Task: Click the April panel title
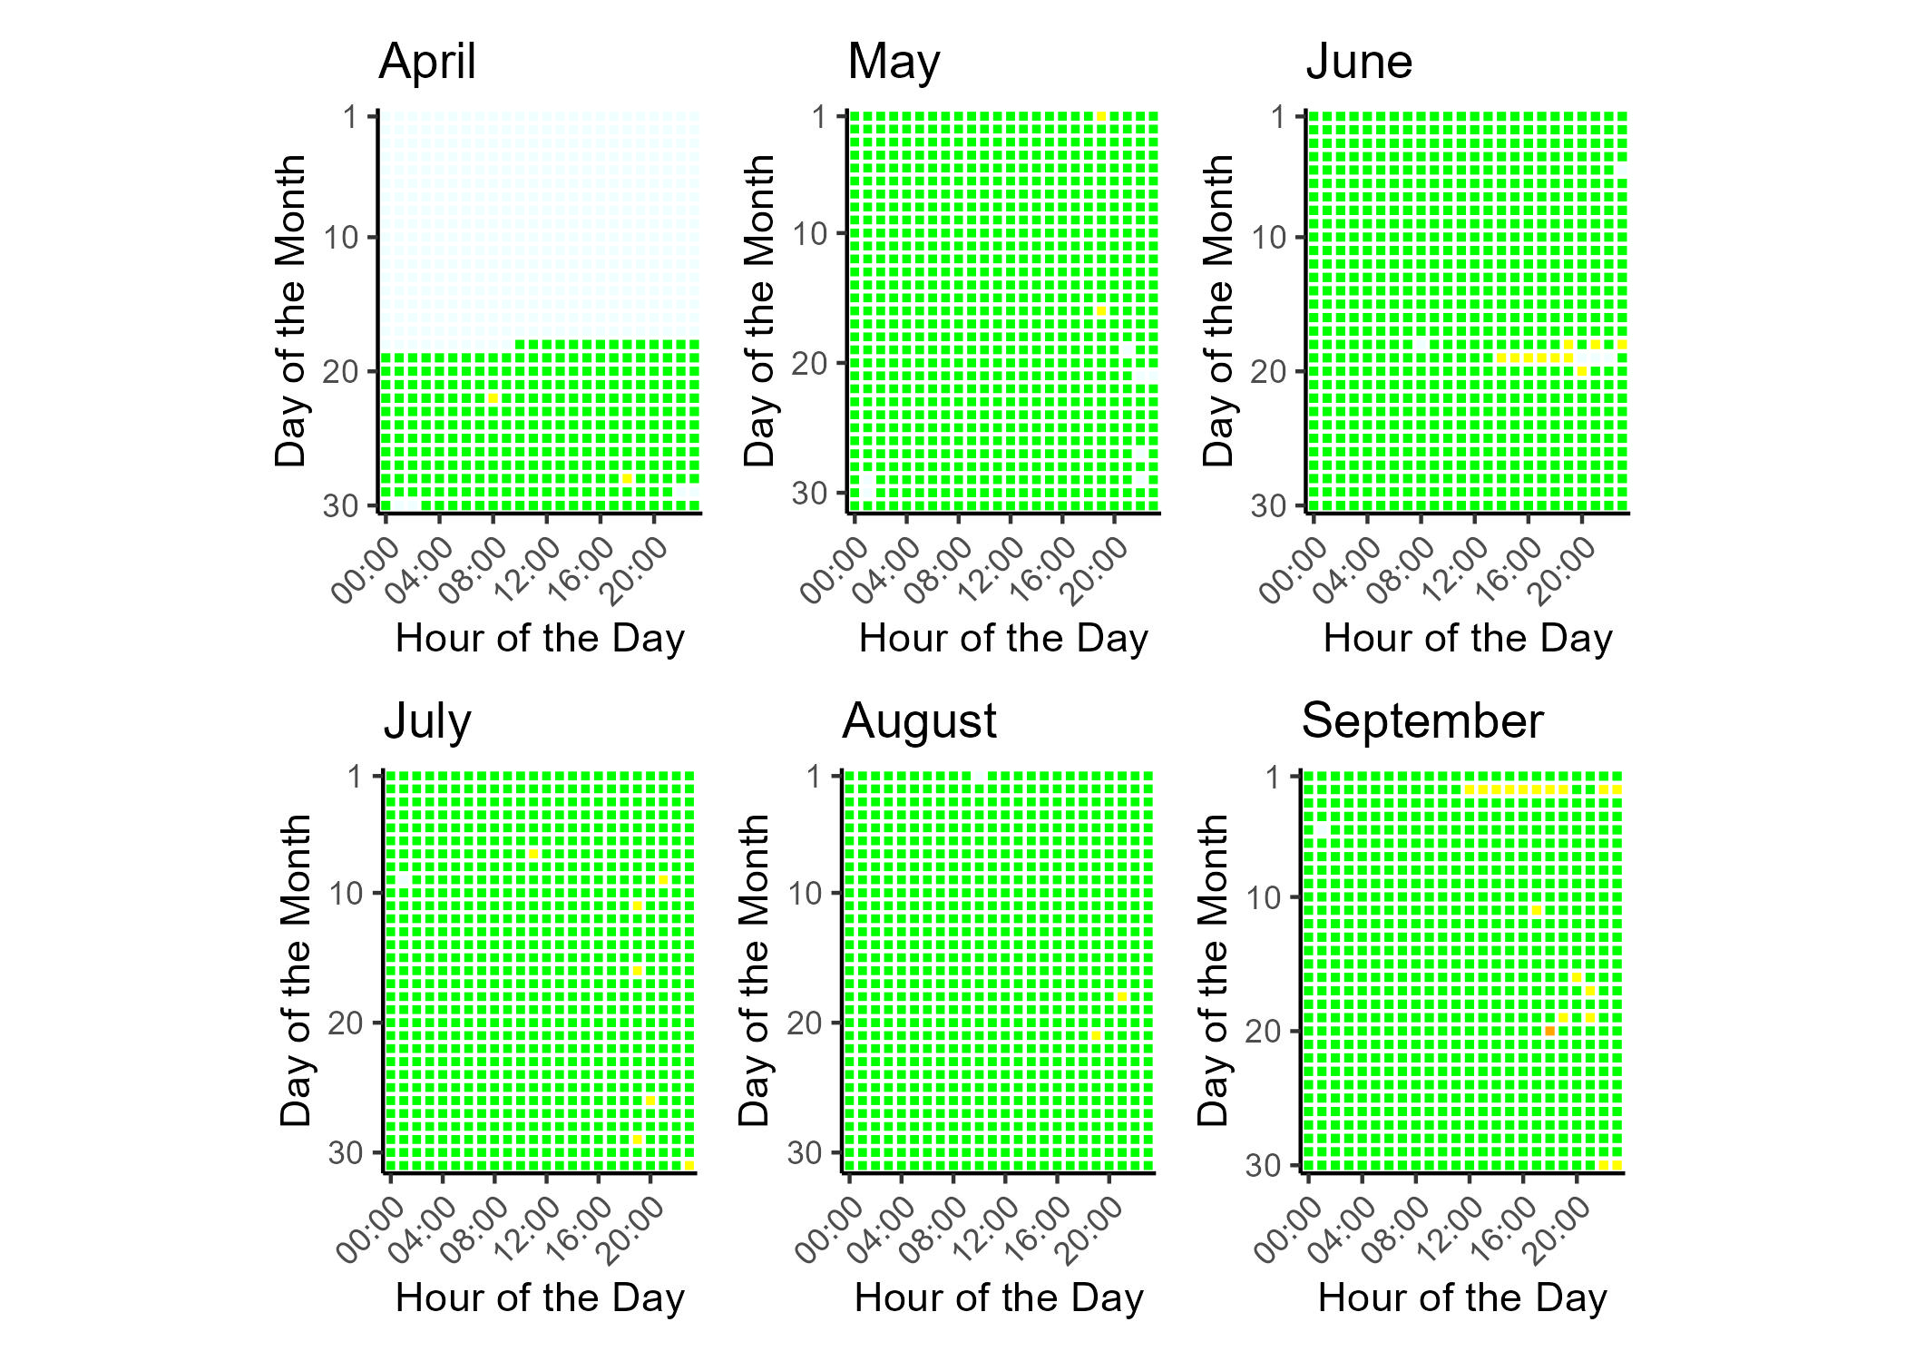click(427, 63)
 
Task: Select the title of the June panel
click(1359, 63)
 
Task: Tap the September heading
click(1421, 722)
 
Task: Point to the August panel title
click(919, 722)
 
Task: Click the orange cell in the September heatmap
click(1549, 1031)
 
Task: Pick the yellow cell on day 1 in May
click(1101, 117)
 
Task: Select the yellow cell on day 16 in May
click(1101, 311)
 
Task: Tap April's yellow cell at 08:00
click(493, 398)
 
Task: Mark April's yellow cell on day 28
click(627, 478)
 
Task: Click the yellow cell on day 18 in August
click(1122, 997)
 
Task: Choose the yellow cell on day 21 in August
click(1096, 1035)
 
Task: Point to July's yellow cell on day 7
click(533, 854)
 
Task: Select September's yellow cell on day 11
click(1537, 910)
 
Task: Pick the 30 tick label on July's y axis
click(345, 1153)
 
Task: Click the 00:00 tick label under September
click(1283, 1231)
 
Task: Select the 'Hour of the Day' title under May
click(1003, 639)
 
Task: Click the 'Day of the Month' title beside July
click(296, 971)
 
